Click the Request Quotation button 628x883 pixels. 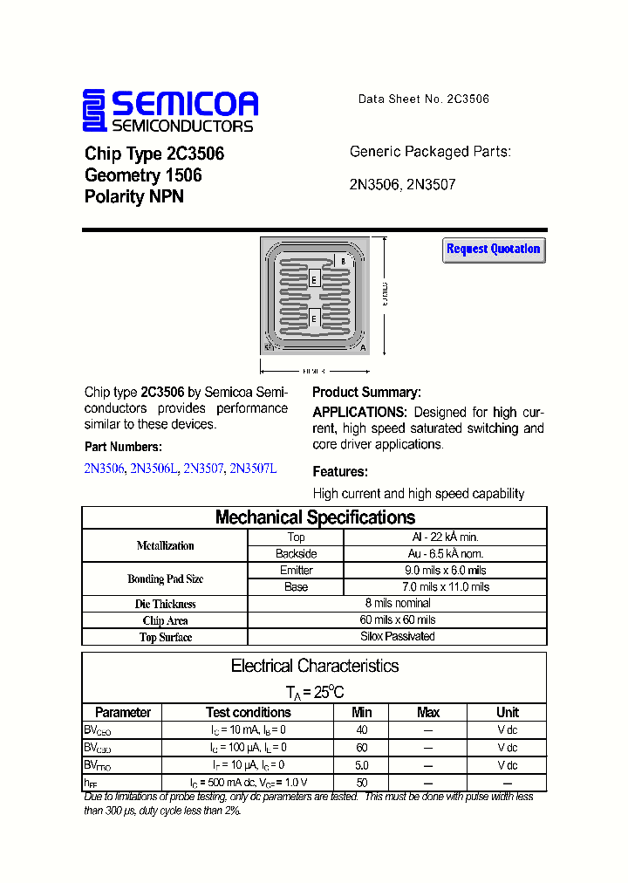[x=494, y=250]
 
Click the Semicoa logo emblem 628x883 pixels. [x=93, y=111]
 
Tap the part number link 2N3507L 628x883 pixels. [x=253, y=469]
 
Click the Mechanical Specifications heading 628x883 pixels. [x=315, y=517]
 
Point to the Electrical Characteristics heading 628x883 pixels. [x=315, y=666]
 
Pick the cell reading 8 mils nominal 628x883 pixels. [x=398, y=603]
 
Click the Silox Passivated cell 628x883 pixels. [x=398, y=636]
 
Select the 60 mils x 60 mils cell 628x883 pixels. [x=398, y=619]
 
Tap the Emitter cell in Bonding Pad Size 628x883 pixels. [x=297, y=571]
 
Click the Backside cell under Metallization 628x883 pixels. [x=297, y=554]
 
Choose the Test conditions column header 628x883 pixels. [x=249, y=712]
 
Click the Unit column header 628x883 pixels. [x=508, y=712]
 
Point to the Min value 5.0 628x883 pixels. [x=362, y=765]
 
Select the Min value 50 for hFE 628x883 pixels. [x=362, y=783]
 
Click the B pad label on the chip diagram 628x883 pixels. [x=343, y=261]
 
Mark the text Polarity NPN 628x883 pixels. [x=134, y=197]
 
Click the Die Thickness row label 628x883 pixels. [x=166, y=604]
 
